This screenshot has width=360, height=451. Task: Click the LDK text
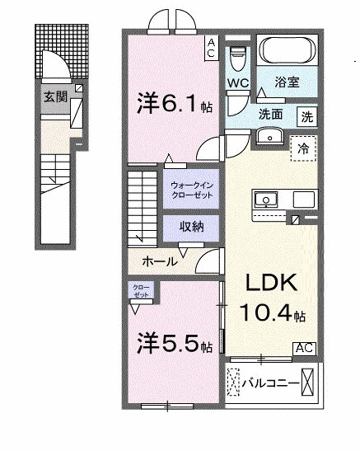(x=269, y=284)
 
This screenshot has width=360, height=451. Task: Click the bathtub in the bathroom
(x=284, y=51)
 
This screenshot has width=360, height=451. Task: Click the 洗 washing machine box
(x=306, y=117)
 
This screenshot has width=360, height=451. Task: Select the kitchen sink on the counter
(x=268, y=199)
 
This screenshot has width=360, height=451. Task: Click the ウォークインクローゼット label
(x=189, y=190)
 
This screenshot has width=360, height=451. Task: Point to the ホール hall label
(x=159, y=261)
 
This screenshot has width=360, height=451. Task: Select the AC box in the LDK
(x=303, y=348)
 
